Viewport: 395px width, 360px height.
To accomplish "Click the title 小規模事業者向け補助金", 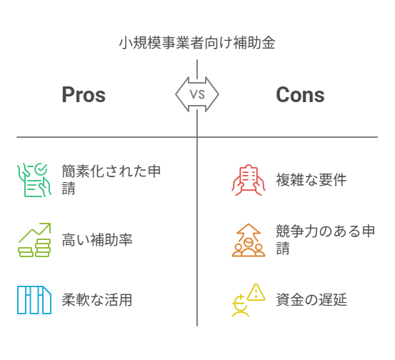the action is (x=197, y=43).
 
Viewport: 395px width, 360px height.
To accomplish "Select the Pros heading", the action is (x=84, y=95).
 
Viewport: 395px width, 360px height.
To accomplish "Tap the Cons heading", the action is (x=300, y=95).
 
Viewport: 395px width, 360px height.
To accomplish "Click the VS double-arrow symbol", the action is (x=197, y=94).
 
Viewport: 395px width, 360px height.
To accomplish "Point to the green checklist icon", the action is (x=34, y=180).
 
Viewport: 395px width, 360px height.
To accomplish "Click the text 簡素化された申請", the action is (x=111, y=179).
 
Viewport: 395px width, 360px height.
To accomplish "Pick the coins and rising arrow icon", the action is (x=34, y=240).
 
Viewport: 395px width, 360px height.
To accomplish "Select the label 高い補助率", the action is (x=97, y=239).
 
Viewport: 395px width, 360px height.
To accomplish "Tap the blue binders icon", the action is (x=34, y=300).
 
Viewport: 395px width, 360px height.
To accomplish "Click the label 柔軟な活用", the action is (x=97, y=300).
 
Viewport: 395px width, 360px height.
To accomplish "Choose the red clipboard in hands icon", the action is (x=249, y=180).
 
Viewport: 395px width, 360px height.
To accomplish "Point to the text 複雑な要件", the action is (x=311, y=180).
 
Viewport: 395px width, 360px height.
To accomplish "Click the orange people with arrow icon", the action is (x=249, y=240).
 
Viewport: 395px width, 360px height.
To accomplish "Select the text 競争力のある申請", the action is (x=326, y=239).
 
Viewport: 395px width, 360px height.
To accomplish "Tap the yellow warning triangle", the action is (x=256, y=292).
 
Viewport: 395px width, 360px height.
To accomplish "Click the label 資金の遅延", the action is (x=311, y=300).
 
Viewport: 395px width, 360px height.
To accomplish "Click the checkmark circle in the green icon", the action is (x=41, y=169).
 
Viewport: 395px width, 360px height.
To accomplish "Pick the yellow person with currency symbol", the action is (x=241, y=306).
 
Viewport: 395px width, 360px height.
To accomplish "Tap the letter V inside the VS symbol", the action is (x=194, y=94).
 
